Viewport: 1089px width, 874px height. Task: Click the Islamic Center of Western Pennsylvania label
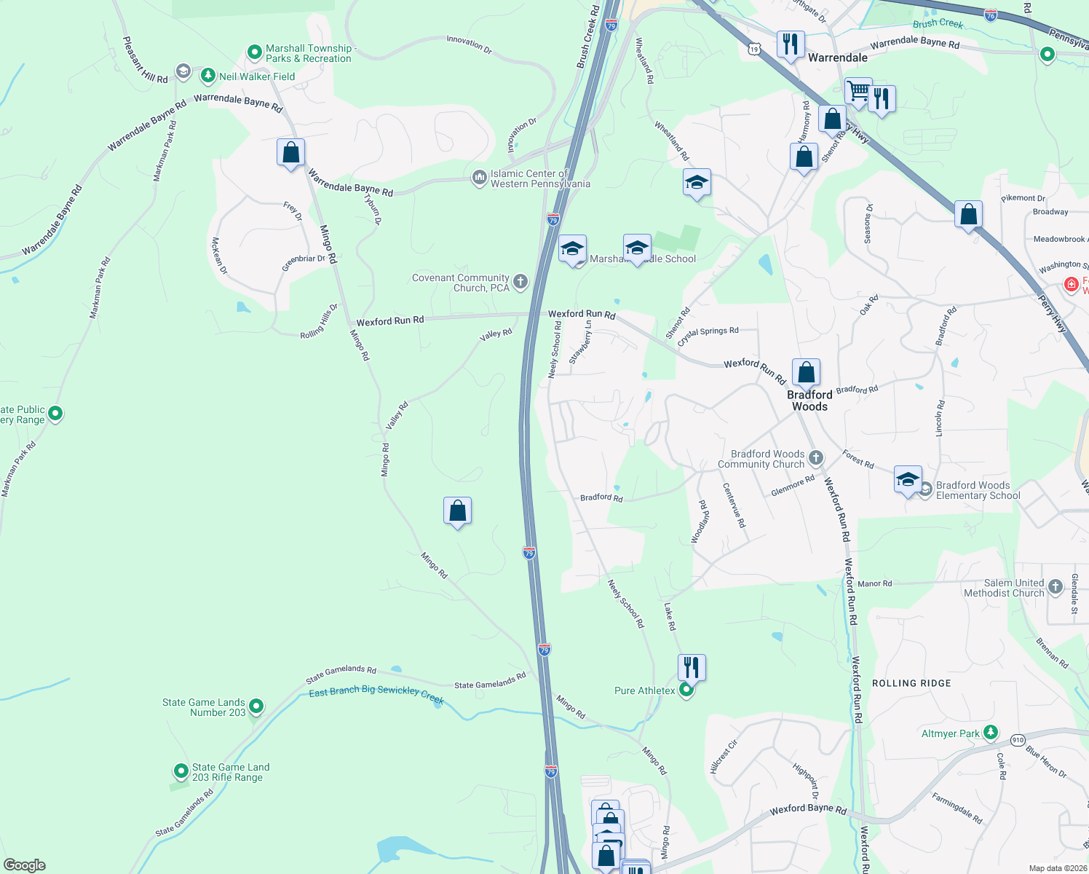pyautogui.click(x=539, y=178)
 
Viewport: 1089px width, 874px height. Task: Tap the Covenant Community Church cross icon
pyautogui.click(x=520, y=282)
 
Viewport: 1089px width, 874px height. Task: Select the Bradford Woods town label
pyautogui.click(x=809, y=401)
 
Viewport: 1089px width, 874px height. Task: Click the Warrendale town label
pyautogui.click(x=838, y=58)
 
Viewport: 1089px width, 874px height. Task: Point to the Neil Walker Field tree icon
pyautogui.click(x=208, y=76)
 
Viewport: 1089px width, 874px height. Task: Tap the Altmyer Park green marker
pyautogui.click(x=990, y=732)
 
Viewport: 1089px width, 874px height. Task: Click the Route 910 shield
pyautogui.click(x=1017, y=739)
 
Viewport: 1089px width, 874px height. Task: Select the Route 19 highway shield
pyautogui.click(x=753, y=49)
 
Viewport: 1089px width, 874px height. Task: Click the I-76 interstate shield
pyautogui.click(x=990, y=15)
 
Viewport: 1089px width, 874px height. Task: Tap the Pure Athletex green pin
pyautogui.click(x=686, y=690)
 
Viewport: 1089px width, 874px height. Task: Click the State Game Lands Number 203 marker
pyautogui.click(x=256, y=706)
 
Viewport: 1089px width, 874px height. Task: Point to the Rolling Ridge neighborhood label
pyautogui.click(x=911, y=683)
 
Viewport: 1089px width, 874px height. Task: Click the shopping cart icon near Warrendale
pyautogui.click(x=858, y=92)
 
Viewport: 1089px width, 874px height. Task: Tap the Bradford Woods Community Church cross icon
pyautogui.click(x=816, y=458)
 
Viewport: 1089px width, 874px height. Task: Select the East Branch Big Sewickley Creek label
pyautogui.click(x=376, y=693)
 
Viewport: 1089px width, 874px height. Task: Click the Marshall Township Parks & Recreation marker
pyautogui.click(x=254, y=52)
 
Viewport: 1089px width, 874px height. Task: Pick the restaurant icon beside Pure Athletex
pyautogui.click(x=692, y=666)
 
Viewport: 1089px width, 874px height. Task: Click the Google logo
pyautogui.click(x=24, y=865)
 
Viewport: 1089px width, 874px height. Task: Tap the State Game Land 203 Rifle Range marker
pyautogui.click(x=181, y=771)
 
